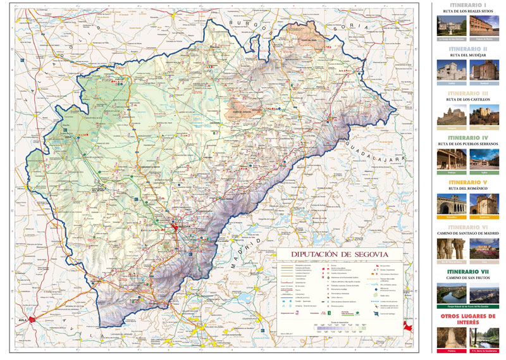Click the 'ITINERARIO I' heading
pos(467,5)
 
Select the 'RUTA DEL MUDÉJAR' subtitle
pos(467,55)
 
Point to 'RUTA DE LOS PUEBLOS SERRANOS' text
pos(467,144)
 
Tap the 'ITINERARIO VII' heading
pos(467,271)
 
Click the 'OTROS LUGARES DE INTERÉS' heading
pos(467,319)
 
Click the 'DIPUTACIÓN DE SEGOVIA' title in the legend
pos(339,254)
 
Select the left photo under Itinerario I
pos(451,25)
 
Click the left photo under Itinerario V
pos(451,203)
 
